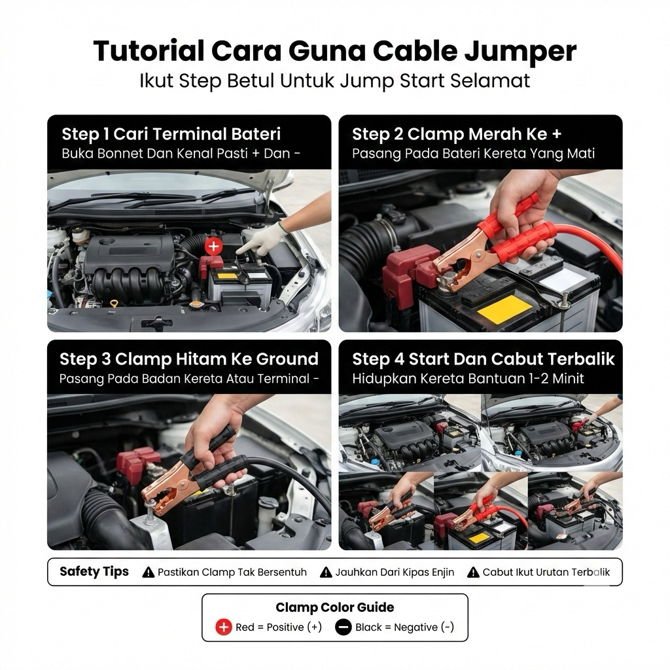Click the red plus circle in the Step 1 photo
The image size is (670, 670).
(x=214, y=246)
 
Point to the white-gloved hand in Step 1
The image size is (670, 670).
(x=259, y=239)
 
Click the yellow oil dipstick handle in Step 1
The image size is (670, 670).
(x=114, y=304)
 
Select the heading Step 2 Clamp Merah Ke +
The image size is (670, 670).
(x=456, y=134)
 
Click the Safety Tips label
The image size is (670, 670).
(x=94, y=572)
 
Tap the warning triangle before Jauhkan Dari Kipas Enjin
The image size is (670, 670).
(x=326, y=572)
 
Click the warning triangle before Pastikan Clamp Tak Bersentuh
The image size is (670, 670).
(x=149, y=572)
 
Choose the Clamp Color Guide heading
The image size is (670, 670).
(x=335, y=607)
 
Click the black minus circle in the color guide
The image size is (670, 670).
(x=343, y=627)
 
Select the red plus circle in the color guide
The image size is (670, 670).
(x=224, y=627)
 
